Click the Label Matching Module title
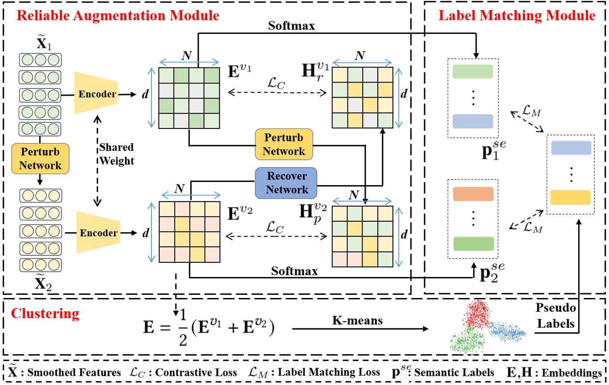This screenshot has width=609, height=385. coord(517,17)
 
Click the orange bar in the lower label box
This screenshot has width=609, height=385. coord(473,194)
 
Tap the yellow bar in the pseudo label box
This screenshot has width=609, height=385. coord(571,197)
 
